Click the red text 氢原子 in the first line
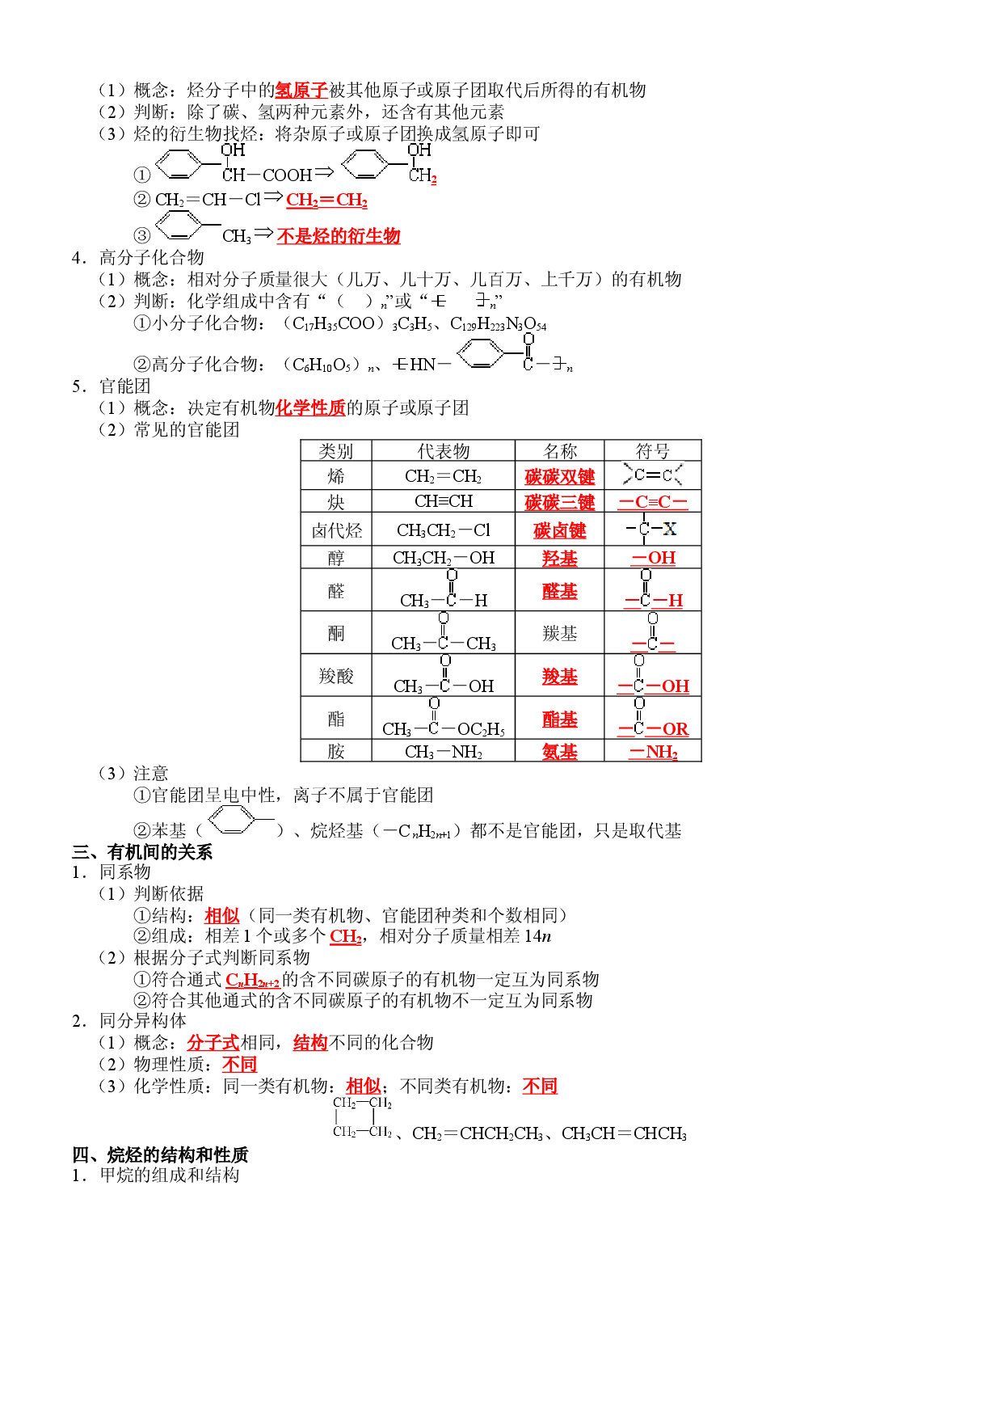[x=301, y=90]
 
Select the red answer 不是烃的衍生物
[x=339, y=236]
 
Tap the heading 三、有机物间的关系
[x=142, y=852]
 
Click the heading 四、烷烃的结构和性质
[x=160, y=1154]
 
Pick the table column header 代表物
[x=443, y=451]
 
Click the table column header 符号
[x=652, y=451]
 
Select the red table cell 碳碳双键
[x=559, y=476]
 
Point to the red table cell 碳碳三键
[x=559, y=502]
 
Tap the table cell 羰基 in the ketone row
[x=559, y=633]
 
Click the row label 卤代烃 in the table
[x=336, y=530]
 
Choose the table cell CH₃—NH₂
[x=443, y=752]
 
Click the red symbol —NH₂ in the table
[x=653, y=752]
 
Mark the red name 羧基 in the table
[x=559, y=676]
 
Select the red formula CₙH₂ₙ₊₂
[x=253, y=980]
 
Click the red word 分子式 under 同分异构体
[x=213, y=1043]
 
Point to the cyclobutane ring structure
[x=363, y=1117]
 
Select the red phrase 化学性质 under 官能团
[x=311, y=407]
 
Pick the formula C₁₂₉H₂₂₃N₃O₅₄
[x=498, y=324]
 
